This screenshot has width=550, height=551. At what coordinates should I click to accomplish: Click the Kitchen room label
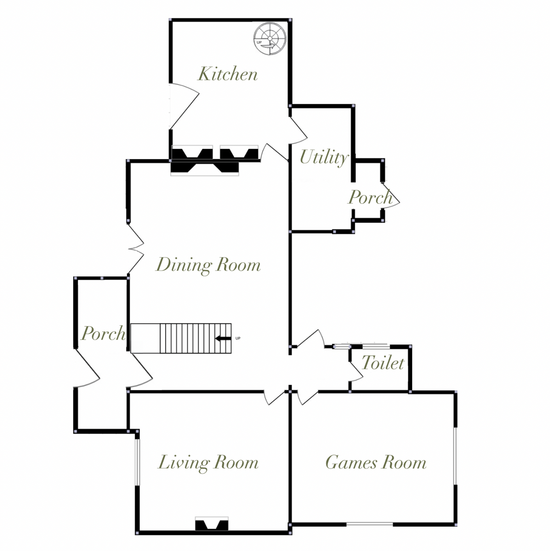coord(228,74)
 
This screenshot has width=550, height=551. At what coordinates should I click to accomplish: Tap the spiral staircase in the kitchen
coord(270,38)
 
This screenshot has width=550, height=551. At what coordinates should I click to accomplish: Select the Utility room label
coord(324,158)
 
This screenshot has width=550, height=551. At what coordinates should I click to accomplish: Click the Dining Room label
coord(208,265)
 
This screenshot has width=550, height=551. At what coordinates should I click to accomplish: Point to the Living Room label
coord(208,463)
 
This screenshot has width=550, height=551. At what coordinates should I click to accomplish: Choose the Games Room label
coord(376,462)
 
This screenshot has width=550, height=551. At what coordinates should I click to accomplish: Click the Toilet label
coord(383,363)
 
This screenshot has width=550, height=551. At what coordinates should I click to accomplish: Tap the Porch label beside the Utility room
coord(370,197)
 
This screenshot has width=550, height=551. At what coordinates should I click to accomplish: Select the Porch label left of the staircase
coord(103,333)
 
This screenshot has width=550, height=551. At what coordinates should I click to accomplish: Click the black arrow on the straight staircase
coord(223,338)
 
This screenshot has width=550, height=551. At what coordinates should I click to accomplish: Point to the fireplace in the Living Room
coord(212,524)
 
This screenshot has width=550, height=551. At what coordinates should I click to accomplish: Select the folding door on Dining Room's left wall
coord(136,249)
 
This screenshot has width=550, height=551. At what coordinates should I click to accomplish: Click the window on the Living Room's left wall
coord(137,462)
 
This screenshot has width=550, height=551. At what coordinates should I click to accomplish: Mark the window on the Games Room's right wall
coord(456,456)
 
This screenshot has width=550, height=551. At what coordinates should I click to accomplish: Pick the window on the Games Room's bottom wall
coord(370,524)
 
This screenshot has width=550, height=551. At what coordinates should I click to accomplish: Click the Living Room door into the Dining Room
coord(274,398)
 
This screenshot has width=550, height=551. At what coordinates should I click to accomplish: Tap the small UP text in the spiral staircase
coord(259,42)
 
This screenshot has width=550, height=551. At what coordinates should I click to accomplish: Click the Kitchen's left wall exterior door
coord(184,106)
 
